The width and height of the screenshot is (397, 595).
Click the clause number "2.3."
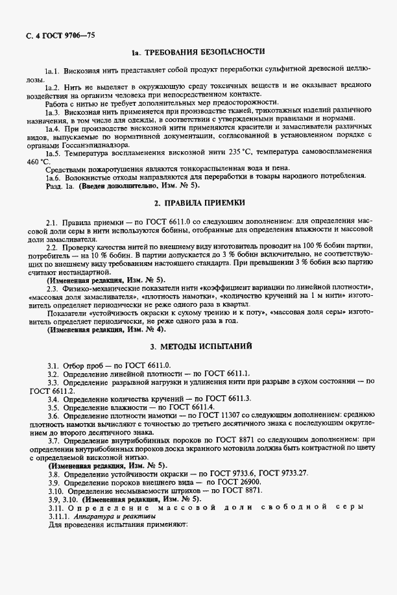click(54, 288)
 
